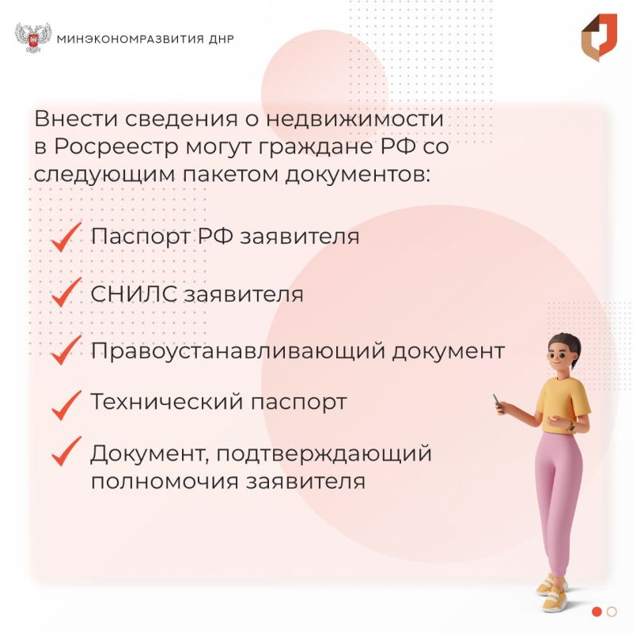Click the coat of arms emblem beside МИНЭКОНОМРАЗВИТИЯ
point(32,38)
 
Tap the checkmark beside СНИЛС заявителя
point(66,293)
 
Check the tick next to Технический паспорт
point(66,403)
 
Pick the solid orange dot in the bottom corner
point(597,611)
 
